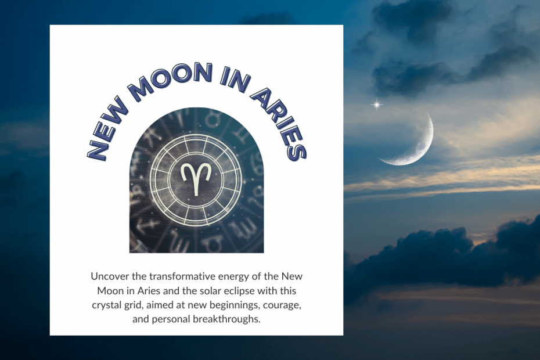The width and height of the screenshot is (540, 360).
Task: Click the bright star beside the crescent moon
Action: [377, 105]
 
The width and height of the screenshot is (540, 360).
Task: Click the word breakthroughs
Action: [226, 319]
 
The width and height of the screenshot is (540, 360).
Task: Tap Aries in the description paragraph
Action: [149, 291]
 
